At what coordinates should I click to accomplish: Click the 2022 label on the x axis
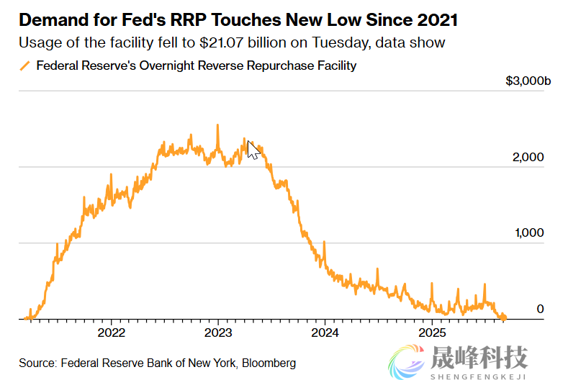pyautogui.click(x=112, y=333)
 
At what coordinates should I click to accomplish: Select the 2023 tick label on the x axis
pyautogui.click(x=218, y=333)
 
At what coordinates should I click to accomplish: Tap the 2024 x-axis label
pyautogui.click(x=325, y=333)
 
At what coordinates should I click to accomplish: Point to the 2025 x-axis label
pyautogui.click(x=432, y=333)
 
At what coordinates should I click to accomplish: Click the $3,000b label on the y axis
pyautogui.click(x=528, y=81)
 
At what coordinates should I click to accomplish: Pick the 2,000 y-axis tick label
pyautogui.click(x=529, y=158)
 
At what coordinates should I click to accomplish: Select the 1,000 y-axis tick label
pyautogui.click(x=529, y=233)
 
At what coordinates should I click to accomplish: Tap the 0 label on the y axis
pyautogui.click(x=539, y=309)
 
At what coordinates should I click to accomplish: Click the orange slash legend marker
pyautogui.click(x=24, y=66)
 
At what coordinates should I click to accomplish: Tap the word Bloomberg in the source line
pyautogui.click(x=269, y=363)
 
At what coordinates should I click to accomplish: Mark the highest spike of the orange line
pyautogui.click(x=217, y=125)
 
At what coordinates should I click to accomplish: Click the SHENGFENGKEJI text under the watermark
pyautogui.click(x=478, y=375)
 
